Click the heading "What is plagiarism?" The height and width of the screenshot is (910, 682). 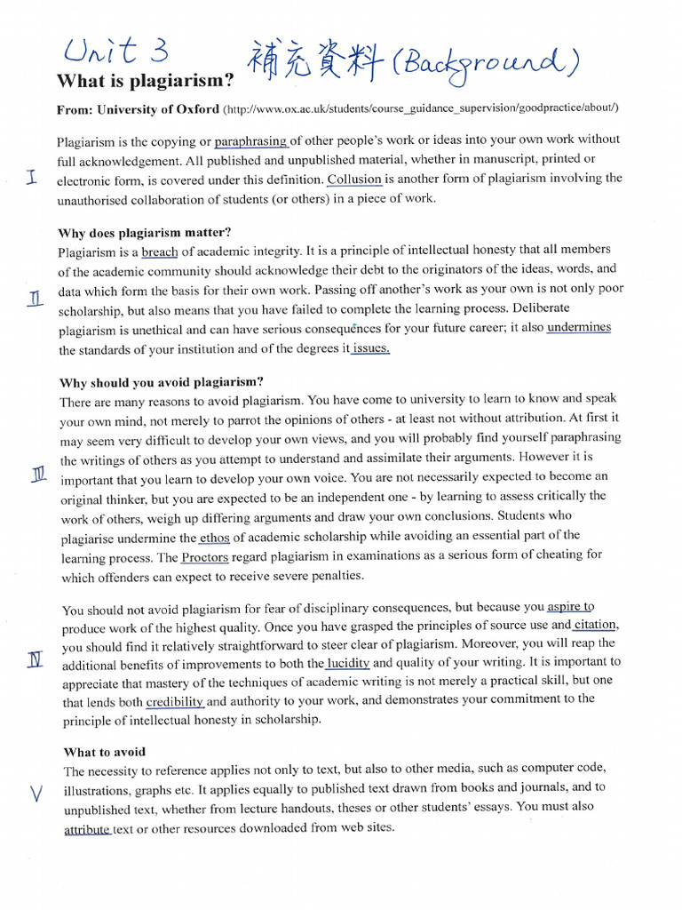[146, 82]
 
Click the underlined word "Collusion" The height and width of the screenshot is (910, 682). [354, 179]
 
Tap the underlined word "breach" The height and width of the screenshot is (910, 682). [160, 251]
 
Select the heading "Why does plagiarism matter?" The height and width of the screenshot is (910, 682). [145, 234]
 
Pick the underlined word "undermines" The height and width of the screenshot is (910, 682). [579, 328]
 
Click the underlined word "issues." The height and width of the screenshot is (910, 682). [370, 348]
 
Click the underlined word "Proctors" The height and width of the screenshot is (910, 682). [205, 557]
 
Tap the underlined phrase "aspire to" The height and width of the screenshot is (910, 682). [570, 607]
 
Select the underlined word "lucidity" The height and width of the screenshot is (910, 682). [347, 664]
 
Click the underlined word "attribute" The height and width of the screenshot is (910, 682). [88, 830]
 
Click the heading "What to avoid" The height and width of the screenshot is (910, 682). [105, 752]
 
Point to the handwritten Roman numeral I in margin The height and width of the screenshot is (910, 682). [32, 178]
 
